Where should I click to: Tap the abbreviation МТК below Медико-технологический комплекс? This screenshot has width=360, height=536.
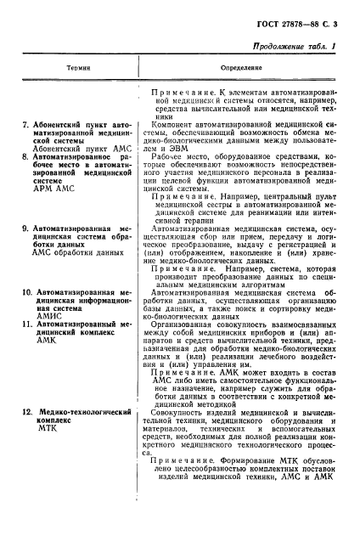[x=47, y=430]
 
